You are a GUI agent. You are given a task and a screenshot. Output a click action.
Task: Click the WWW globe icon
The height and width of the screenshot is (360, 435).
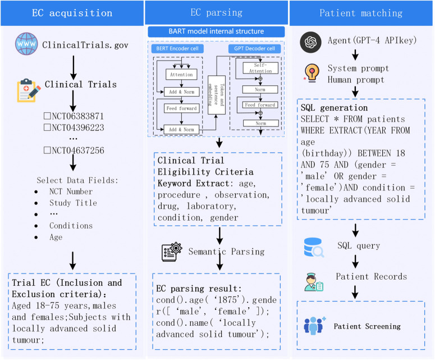point(26,44)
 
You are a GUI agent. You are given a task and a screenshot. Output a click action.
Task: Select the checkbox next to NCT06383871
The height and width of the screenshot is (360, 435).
point(47,116)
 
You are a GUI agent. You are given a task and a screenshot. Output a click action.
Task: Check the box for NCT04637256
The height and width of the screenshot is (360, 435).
point(47,150)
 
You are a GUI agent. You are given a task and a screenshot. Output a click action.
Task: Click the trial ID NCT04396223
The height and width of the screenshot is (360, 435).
point(77,127)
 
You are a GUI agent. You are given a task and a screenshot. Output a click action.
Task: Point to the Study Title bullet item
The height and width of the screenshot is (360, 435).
point(73,203)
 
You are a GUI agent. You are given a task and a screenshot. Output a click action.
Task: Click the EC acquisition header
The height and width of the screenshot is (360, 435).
point(72,13)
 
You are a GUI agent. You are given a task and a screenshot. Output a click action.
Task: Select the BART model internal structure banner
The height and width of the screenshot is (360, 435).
point(217,31)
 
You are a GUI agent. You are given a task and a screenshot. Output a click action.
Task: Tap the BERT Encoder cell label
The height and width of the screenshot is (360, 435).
point(177,48)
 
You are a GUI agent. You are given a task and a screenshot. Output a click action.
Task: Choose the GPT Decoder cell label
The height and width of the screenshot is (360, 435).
point(254,48)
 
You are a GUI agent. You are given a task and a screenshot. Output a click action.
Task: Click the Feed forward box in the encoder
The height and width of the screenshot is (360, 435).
point(181,108)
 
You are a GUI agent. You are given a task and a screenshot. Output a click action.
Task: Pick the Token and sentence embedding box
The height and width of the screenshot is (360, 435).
point(217,95)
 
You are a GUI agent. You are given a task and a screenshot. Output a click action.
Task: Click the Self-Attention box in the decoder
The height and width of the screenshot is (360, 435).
point(260,68)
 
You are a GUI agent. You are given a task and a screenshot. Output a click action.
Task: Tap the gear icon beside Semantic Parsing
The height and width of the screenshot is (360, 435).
point(172,252)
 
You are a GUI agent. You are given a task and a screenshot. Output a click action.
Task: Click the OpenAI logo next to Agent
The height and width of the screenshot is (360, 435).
point(311,42)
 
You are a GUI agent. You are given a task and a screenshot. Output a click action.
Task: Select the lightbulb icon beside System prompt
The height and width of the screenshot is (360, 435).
point(312,73)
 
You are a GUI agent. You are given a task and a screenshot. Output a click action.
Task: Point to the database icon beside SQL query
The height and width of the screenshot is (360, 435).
point(314,247)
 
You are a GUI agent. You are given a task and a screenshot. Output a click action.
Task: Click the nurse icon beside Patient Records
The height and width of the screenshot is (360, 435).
point(314,282)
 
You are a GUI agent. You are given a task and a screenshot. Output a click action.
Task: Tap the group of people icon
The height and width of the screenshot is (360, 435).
point(314,326)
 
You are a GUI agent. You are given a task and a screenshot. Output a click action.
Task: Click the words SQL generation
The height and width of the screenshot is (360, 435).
point(334,108)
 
